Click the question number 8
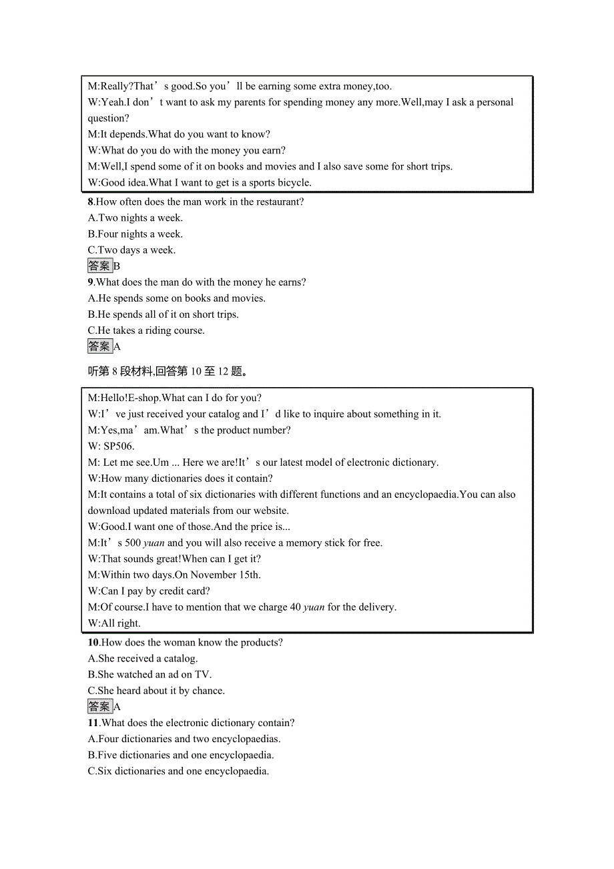[91, 202]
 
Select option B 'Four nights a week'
[135, 234]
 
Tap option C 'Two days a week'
[131, 250]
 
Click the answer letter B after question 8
[117, 266]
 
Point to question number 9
[91, 282]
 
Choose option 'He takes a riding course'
[146, 330]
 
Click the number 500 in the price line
[133, 543]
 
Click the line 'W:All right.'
[114, 623]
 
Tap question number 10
[93, 642]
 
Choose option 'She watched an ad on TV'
[150, 674]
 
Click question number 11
[93, 722]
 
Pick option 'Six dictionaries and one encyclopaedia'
[178, 771]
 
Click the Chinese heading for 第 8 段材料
[170, 371]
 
